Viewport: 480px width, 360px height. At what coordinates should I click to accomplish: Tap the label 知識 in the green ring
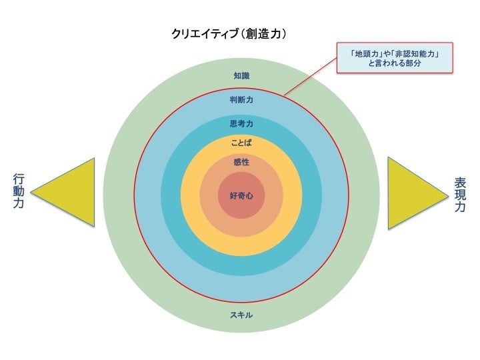(x=241, y=76)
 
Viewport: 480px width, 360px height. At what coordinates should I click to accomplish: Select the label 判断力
(x=241, y=100)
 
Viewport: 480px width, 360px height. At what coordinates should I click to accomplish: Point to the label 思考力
(x=241, y=123)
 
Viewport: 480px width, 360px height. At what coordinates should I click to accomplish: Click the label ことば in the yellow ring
(x=241, y=143)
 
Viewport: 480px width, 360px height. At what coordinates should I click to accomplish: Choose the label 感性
(x=241, y=162)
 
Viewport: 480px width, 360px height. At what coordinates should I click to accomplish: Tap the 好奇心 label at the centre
(x=241, y=195)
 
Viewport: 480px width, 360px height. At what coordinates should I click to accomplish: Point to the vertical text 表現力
(x=460, y=194)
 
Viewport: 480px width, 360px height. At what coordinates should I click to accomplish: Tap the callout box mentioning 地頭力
(x=393, y=59)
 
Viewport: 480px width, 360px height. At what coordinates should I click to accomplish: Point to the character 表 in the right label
(x=460, y=182)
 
